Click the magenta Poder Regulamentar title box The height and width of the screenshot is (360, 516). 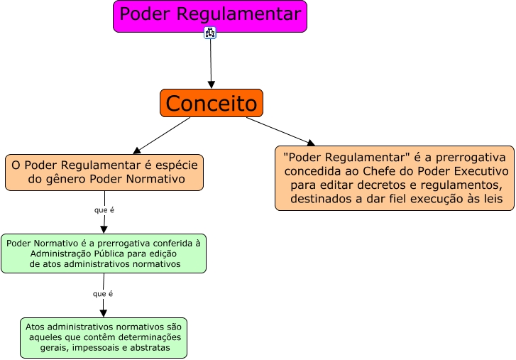click(210, 16)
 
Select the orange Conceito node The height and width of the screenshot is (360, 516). click(212, 103)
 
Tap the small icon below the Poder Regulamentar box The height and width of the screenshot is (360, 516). click(210, 33)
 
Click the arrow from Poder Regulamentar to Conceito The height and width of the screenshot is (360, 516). click(211, 64)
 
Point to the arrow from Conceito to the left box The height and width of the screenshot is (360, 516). click(163, 135)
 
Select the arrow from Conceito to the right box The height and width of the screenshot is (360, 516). click(280, 131)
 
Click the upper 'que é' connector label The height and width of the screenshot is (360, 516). click(104, 210)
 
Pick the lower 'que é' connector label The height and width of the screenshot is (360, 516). click(103, 293)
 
